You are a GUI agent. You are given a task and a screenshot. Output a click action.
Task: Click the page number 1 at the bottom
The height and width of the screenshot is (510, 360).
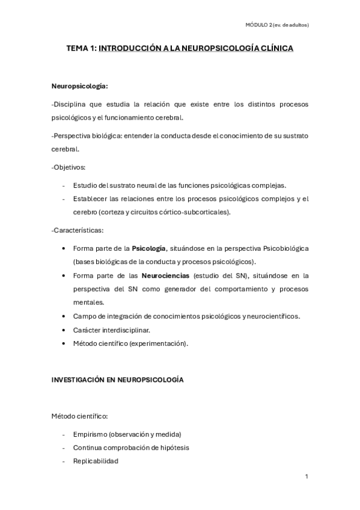pos(307,476)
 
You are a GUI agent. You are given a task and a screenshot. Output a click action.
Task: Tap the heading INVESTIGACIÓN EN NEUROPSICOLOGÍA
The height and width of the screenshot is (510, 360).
pos(117,380)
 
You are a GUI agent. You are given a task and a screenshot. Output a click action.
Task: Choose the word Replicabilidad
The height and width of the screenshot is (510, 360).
pos(96,461)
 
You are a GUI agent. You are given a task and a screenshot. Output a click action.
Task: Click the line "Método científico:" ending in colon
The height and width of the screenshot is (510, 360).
pos(80,416)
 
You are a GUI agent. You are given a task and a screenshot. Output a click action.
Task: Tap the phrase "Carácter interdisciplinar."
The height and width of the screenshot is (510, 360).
pos(111,330)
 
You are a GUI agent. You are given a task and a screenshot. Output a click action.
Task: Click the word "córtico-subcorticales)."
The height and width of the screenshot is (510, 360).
pos(195,212)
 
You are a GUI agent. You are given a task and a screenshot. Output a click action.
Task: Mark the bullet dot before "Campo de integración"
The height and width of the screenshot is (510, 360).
pos(64,316)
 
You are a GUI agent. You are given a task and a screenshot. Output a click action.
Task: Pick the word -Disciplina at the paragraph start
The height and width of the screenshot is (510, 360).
pos(70,105)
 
